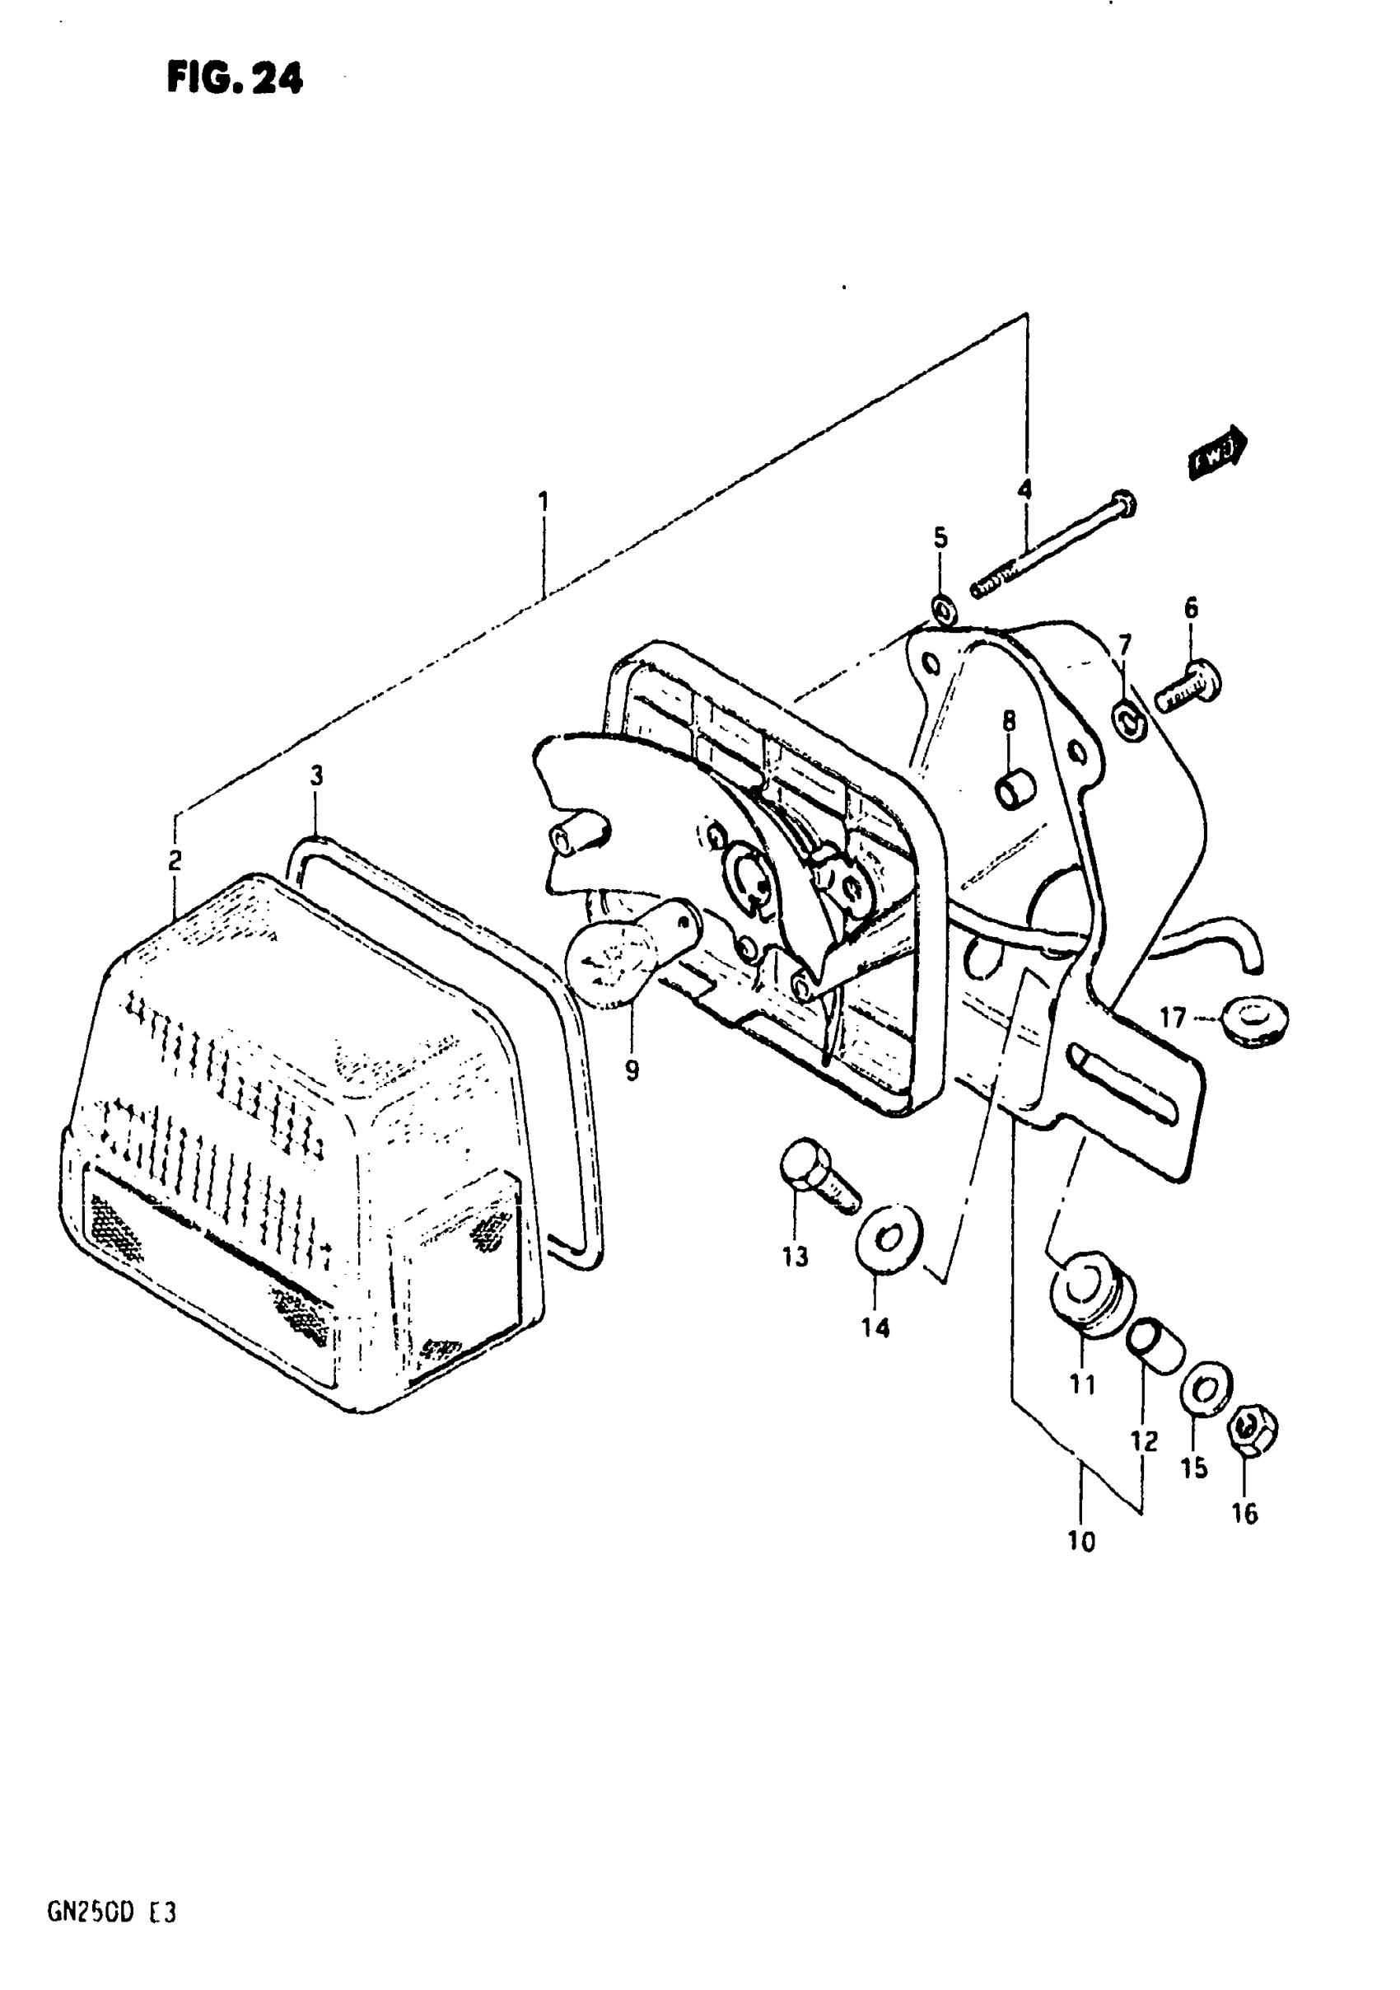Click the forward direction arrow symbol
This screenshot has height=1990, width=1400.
pyautogui.click(x=1217, y=452)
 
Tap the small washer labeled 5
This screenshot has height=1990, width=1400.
pyautogui.click(x=945, y=610)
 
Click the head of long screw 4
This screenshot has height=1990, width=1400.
pyautogui.click(x=1123, y=503)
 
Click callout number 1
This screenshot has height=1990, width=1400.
pyautogui.click(x=544, y=501)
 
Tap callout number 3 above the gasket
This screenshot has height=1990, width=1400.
pyautogui.click(x=317, y=775)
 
